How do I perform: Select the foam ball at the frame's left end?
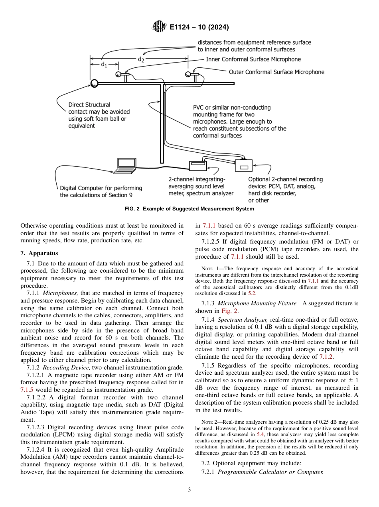click(x=95, y=83)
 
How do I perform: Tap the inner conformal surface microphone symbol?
click(x=118, y=74)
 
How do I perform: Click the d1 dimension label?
click(x=103, y=64)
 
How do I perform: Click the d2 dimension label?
click(x=141, y=59)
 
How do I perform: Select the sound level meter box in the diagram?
click(x=198, y=164)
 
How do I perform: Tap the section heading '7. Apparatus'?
click(x=39, y=253)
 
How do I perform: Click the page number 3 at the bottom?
click(x=189, y=490)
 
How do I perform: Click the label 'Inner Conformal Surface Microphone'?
click(x=253, y=59)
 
